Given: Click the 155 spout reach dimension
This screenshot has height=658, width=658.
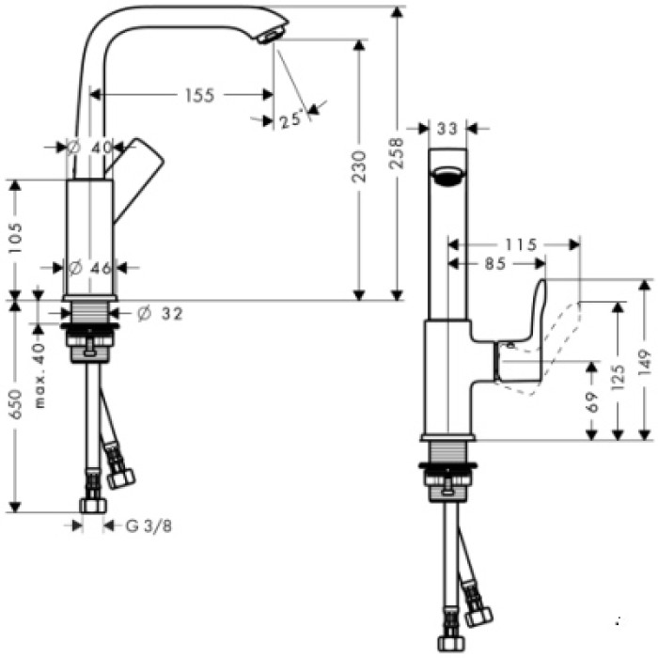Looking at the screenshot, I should click(x=199, y=95).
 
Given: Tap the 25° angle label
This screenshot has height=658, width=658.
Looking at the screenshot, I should click(x=291, y=119).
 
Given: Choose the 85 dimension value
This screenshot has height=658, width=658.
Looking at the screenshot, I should click(x=496, y=265).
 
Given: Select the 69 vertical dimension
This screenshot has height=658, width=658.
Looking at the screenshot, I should click(x=591, y=405).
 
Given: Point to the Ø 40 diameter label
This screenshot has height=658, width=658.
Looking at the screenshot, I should click(x=91, y=147).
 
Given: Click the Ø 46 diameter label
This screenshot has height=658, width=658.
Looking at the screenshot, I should click(x=91, y=268).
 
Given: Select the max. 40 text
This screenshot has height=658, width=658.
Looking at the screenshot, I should click(x=39, y=374).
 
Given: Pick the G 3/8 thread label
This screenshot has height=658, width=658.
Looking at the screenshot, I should click(x=149, y=526).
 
